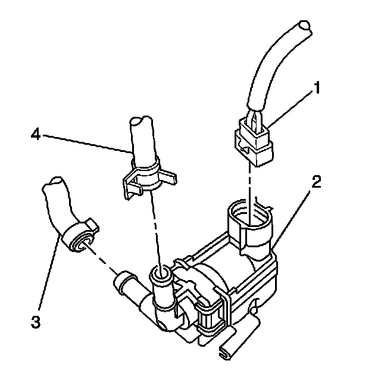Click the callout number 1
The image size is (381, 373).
pyautogui.click(x=318, y=89)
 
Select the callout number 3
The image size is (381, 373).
pyautogui.click(x=37, y=322)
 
